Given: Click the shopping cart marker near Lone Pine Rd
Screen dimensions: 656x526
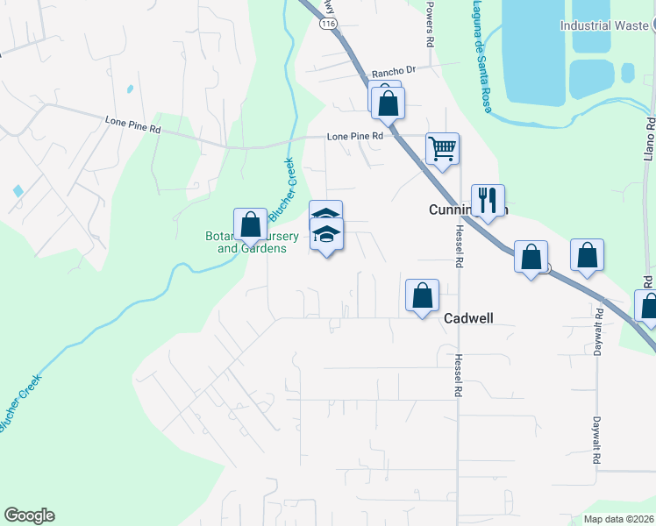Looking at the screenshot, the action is [x=443, y=148].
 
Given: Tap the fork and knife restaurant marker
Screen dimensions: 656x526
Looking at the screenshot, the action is [x=488, y=200].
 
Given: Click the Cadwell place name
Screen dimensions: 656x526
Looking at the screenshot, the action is [x=469, y=318].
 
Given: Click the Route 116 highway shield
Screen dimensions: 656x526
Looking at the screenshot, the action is [x=327, y=26].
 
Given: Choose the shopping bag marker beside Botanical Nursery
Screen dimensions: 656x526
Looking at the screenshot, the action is [x=251, y=224].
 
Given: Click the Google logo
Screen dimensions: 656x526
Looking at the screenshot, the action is [x=29, y=515].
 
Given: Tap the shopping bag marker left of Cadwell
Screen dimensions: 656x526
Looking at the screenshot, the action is [x=423, y=295].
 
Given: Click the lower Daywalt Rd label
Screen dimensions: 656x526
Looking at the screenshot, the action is [x=595, y=440].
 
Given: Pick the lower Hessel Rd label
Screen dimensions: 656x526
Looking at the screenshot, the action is [x=458, y=375].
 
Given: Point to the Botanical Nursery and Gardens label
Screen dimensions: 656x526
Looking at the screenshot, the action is [x=252, y=243].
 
